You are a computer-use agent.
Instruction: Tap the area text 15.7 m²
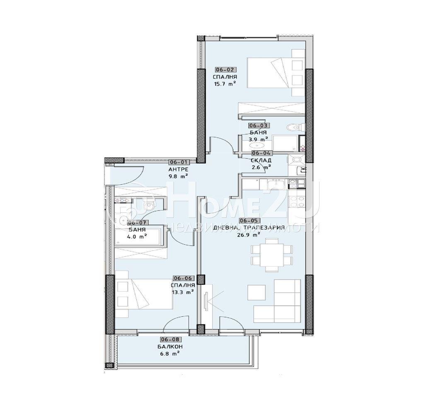(225, 83)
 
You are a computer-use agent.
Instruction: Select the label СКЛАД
(261, 160)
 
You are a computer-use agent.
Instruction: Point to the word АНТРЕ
(179, 170)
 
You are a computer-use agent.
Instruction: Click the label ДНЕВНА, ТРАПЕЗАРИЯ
(249, 228)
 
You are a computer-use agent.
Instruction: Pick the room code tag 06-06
(182, 279)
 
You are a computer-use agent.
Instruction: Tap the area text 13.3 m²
(182, 292)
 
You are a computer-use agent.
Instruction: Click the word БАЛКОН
(170, 347)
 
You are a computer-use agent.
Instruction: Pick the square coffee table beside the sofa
(257, 293)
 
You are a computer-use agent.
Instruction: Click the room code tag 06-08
(170, 339)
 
